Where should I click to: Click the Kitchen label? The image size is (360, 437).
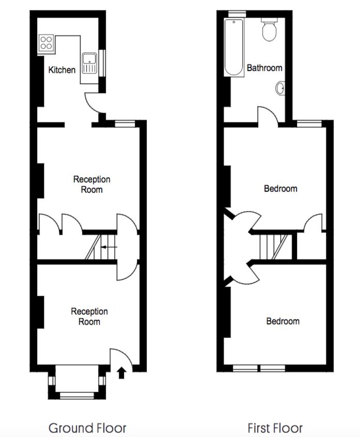[62, 70]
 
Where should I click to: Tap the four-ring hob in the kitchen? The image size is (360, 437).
[45, 42]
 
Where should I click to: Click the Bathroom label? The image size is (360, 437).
[264, 68]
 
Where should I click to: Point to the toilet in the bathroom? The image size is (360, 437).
[269, 31]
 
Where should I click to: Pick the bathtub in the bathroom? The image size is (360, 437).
[234, 47]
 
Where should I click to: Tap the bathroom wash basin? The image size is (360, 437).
[280, 89]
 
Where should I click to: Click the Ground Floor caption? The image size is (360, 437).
[87, 428]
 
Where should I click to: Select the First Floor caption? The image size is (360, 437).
[275, 428]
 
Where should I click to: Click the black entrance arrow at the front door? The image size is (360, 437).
[122, 372]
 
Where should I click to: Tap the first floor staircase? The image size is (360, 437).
[272, 246]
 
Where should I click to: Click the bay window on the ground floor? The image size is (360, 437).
[78, 382]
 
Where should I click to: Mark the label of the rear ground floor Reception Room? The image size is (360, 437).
[91, 184]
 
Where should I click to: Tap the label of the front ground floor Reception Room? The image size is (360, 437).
[89, 316]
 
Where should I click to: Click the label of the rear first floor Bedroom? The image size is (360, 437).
[280, 188]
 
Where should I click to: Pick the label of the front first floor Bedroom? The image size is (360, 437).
[283, 321]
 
